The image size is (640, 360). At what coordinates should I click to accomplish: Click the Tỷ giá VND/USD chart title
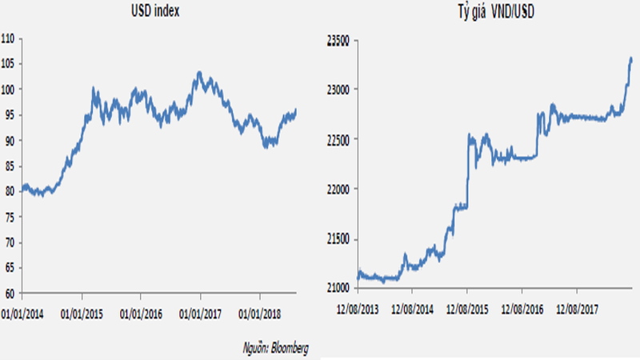pyautogui.click(x=481, y=13)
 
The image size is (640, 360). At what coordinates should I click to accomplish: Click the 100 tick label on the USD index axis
pyautogui.click(x=8, y=90)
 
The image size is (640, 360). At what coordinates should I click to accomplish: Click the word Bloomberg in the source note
pyautogui.click(x=290, y=347)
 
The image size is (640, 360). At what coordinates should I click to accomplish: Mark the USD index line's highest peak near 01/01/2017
pyautogui.click(x=199, y=73)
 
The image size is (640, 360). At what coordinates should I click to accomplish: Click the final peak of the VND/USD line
pyautogui.click(x=630, y=58)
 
